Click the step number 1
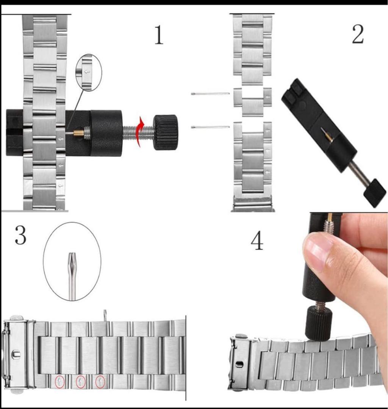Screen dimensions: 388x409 click(x=159, y=35)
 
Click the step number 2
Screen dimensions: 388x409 click(x=357, y=35)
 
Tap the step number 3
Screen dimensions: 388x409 click(x=20, y=235)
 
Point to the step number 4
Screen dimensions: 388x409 click(x=257, y=241)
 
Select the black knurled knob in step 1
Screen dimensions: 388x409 click(x=166, y=132)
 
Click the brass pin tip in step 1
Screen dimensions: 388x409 click(x=78, y=133)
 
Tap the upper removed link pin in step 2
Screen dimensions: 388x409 click(x=210, y=94)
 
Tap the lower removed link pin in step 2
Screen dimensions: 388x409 click(x=210, y=127)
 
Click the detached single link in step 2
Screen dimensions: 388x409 click(x=253, y=102)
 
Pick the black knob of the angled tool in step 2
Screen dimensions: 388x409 click(x=374, y=193)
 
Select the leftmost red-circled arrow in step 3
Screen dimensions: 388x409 click(x=59, y=382)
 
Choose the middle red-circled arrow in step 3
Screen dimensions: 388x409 click(x=80, y=382)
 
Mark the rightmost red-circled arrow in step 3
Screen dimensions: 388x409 click(x=100, y=382)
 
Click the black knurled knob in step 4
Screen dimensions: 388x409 click(x=319, y=323)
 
